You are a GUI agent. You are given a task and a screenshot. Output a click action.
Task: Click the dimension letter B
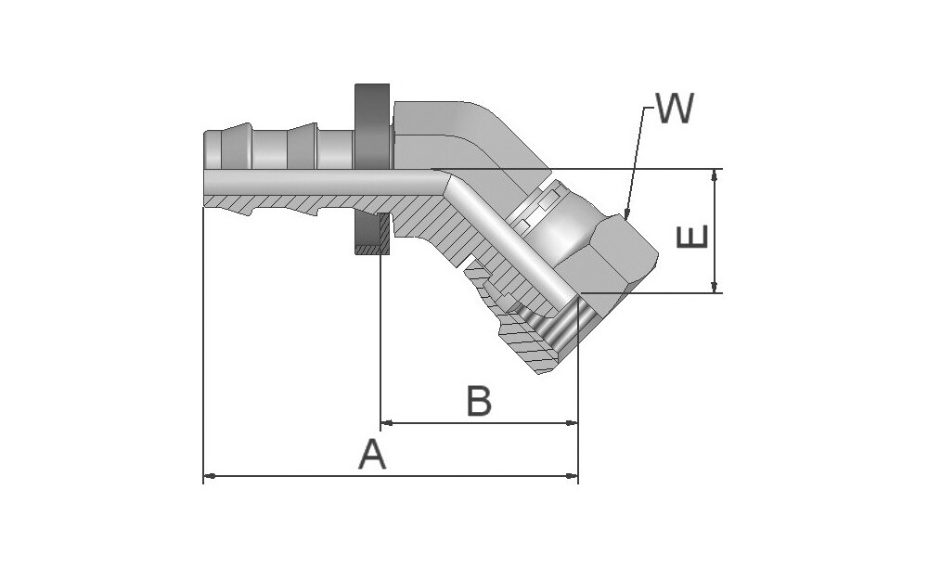[x=479, y=402]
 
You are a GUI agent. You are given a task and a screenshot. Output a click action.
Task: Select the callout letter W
[x=675, y=110]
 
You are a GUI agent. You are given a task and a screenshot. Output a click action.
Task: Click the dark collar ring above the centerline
[x=372, y=125]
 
